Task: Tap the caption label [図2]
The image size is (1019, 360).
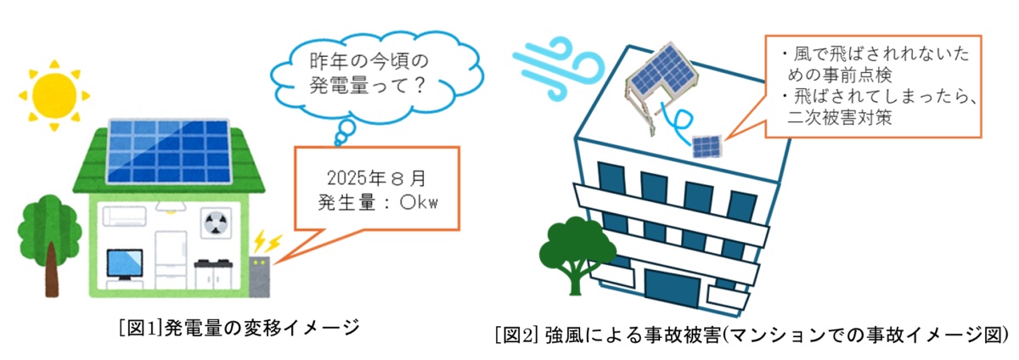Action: coord(515,333)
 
